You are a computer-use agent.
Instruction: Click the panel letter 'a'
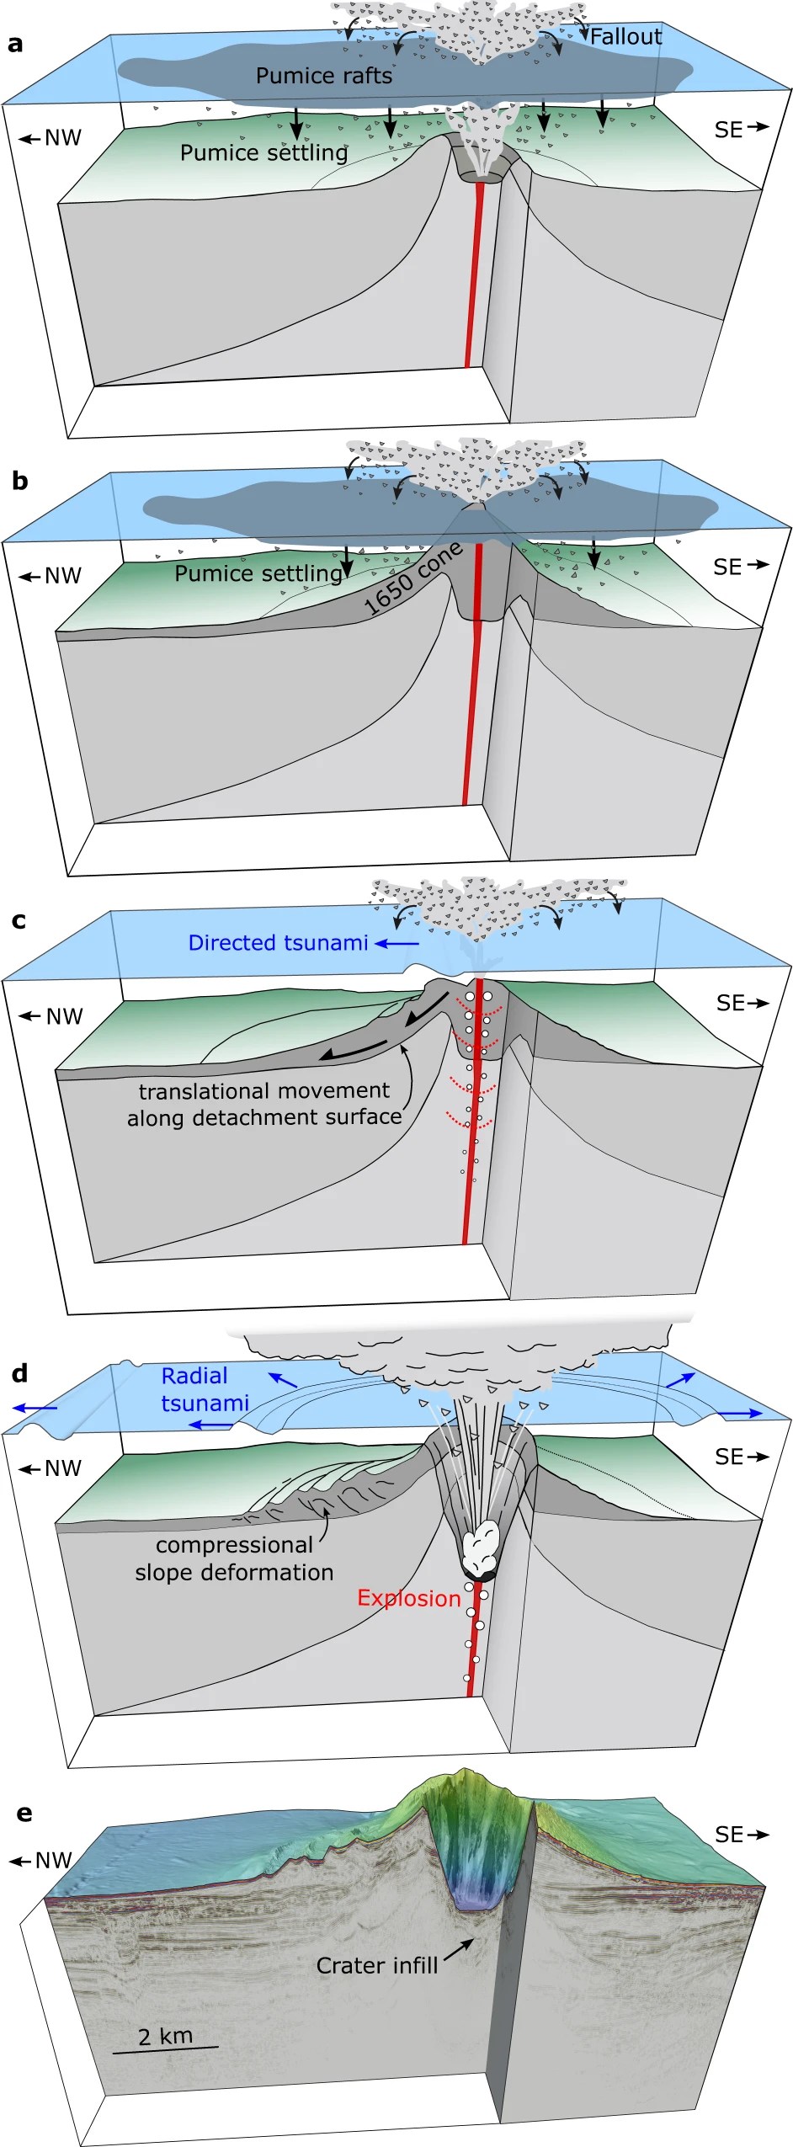pos(15,45)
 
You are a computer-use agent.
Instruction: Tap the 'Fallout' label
pos(625,37)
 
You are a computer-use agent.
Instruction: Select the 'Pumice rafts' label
pos(324,76)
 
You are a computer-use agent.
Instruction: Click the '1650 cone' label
pos(412,578)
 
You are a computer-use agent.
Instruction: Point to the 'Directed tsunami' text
pos(278,943)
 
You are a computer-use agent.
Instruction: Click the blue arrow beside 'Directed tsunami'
pos(396,944)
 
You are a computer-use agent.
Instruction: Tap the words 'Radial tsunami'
pos(205,1389)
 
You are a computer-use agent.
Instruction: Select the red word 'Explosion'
pos(409,1598)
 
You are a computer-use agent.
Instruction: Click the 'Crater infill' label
pos(377,1965)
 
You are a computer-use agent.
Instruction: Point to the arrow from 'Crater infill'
pos(459,1949)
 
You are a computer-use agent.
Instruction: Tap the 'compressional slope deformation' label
pos(234,1558)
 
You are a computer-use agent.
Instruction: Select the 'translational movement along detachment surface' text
pos(264,1104)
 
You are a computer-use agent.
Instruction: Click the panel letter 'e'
pos(24,1813)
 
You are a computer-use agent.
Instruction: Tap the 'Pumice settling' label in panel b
pos(258,573)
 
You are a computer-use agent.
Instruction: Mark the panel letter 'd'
pos(19,1374)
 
